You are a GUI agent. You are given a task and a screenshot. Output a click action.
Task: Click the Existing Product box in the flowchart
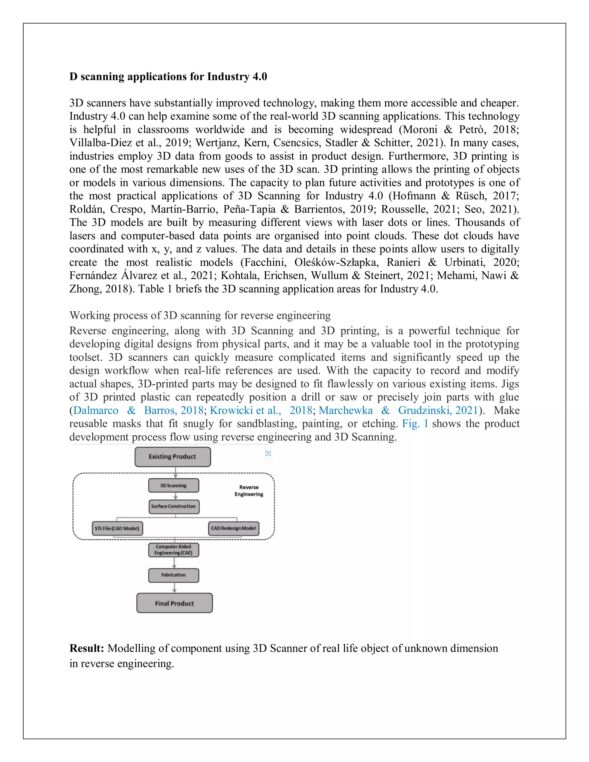coord(173,457)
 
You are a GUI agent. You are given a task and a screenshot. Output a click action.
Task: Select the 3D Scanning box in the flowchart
coord(173,485)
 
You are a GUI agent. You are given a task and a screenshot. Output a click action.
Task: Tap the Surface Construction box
coord(174,506)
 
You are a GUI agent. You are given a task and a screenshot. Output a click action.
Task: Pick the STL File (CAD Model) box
coord(117,528)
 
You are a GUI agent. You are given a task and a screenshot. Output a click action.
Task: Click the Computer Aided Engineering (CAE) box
coord(173,550)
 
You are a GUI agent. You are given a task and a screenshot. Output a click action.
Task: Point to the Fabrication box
coord(173,575)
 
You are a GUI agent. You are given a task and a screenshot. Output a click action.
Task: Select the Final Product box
coord(175,603)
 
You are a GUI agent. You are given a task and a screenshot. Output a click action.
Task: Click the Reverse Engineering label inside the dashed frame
coord(249,491)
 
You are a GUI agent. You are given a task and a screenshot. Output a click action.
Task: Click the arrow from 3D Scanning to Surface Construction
coord(175,496)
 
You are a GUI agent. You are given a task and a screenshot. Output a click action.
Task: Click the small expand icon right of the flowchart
coord(268,453)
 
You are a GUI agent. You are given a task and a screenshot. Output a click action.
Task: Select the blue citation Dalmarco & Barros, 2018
coord(138,410)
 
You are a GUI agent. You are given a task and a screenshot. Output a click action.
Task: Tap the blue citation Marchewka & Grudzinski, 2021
coord(398,410)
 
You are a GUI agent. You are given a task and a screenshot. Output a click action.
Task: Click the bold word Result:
coord(87,648)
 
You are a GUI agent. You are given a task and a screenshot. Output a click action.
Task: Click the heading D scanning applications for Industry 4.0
coord(168,76)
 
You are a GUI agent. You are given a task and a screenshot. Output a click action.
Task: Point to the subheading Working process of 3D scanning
coord(200,315)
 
